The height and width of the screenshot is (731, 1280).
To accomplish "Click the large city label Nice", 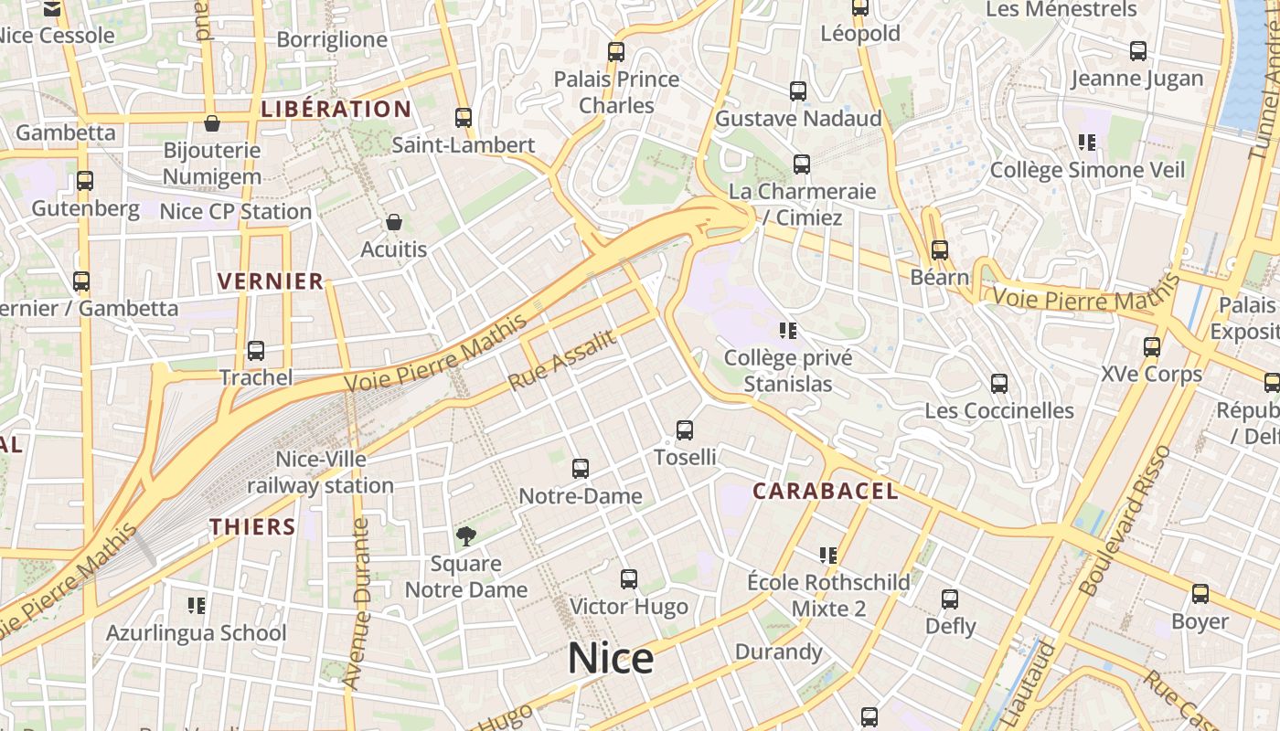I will click(611, 658).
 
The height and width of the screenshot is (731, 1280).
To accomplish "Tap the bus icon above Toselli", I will click(685, 430).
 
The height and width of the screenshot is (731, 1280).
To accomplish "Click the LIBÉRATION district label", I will click(336, 110).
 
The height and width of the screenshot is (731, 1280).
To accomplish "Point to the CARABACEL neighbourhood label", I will click(825, 492).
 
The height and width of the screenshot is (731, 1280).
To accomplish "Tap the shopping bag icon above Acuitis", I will click(394, 222).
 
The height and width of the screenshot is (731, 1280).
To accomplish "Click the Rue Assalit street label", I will click(561, 359).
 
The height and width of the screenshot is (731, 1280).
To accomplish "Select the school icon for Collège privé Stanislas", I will click(788, 331).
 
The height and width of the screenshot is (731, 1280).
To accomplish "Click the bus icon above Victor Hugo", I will click(629, 579).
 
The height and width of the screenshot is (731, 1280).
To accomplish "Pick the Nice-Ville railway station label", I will click(320, 471).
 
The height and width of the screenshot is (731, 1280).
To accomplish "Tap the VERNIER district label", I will click(271, 281).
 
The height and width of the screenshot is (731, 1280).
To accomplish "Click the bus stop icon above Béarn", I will click(940, 249).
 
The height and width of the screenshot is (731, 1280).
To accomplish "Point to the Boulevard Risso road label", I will click(1125, 521).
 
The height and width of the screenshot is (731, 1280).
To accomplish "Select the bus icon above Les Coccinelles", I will click(999, 384).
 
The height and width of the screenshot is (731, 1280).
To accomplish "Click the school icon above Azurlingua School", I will click(196, 606).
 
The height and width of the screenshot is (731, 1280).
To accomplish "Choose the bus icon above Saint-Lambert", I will click(464, 118).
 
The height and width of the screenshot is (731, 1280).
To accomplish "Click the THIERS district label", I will click(252, 527).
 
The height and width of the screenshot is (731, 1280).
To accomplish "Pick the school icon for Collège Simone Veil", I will click(1087, 143).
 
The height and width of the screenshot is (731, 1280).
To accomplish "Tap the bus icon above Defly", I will click(950, 600).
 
